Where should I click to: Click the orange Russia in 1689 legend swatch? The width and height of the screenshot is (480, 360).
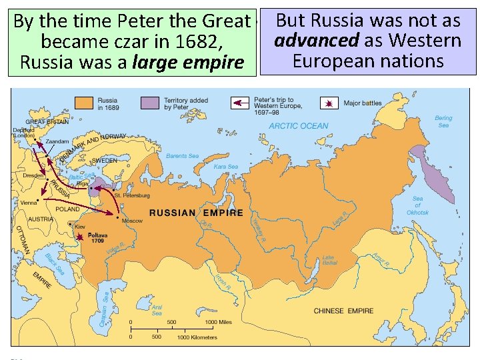pyautogui.click(x=85, y=103)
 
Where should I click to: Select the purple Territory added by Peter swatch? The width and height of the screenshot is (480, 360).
pyautogui.click(x=150, y=103)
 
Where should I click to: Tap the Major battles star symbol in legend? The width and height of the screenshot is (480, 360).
pyautogui.click(x=329, y=103)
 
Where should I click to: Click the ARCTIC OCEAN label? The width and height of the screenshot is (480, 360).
pyautogui.click(x=298, y=126)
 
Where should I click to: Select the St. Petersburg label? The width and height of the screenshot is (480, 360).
pyautogui.click(x=132, y=195)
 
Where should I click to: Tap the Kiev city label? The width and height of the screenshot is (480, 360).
pyautogui.click(x=80, y=227)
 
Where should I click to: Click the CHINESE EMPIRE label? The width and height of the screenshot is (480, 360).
pyautogui.click(x=343, y=311)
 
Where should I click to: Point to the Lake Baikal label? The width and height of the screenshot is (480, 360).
pyautogui.click(x=329, y=260)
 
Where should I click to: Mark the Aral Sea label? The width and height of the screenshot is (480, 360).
pyautogui.click(x=157, y=310)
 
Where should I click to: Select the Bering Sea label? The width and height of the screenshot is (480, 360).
pyautogui.click(x=443, y=121)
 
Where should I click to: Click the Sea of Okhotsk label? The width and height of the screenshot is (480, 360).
pyautogui.click(x=417, y=205)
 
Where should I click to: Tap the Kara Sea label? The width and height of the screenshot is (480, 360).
pyautogui.click(x=225, y=167)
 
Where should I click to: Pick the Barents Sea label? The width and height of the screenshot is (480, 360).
pyautogui.click(x=182, y=156)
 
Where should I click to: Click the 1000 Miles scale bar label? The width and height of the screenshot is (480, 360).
pyautogui.click(x=218, y=323)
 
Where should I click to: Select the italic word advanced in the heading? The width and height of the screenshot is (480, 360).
pyautogui.click(x=317, y=41)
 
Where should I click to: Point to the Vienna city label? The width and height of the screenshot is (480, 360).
pyautogui.click(x=29, y=202)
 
